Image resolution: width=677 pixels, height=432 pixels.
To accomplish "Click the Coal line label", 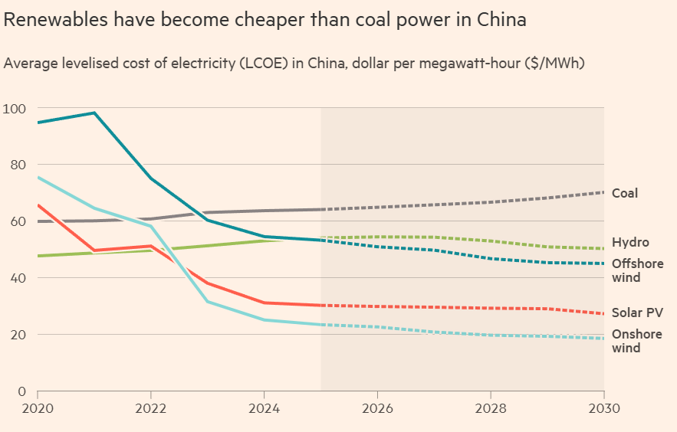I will pyautogui.click(x=624, y=193).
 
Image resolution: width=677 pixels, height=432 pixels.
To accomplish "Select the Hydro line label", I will pyautogui.click(x=630, y=242).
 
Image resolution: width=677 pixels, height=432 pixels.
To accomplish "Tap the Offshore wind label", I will pyautogui.click(x=637, y=270).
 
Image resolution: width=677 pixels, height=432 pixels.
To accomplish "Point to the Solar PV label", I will pyautogui.click(x=637, y=313).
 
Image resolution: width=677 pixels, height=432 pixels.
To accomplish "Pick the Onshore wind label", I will pyautogui.click(x=636, y=341).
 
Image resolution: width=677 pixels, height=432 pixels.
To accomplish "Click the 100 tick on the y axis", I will pyautogui.click(x=15, y=108).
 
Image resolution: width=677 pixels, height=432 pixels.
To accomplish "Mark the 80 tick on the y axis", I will pyautogui.click(x=18, y=165).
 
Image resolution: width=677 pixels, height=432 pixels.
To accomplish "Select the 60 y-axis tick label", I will pyautogui.click(x=18, y=221).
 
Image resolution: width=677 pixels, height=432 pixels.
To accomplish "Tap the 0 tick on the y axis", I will pyautogui.click(x=21, y=391).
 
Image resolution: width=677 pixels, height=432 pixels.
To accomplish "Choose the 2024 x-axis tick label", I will pyautogui.click(x=264, y=410).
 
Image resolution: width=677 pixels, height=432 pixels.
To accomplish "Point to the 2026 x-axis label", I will pyautogui.click(x=377, y=410).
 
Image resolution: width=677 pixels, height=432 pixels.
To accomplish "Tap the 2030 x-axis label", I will pyautogui.click(x=603, y=410).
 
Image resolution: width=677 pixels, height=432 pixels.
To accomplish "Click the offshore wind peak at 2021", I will pyautogui.click(x=94, y=113).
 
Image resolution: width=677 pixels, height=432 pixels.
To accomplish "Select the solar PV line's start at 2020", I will pyautogui.click(x=38, y=205).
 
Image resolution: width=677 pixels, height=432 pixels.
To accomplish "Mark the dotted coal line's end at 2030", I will pyautogui.click(x=603, y=192).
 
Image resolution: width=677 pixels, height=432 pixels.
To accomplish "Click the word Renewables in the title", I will pyautogui.click(x=57, y=20).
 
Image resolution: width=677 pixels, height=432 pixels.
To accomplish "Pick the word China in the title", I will pyautogui.click(x=501, y=20).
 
